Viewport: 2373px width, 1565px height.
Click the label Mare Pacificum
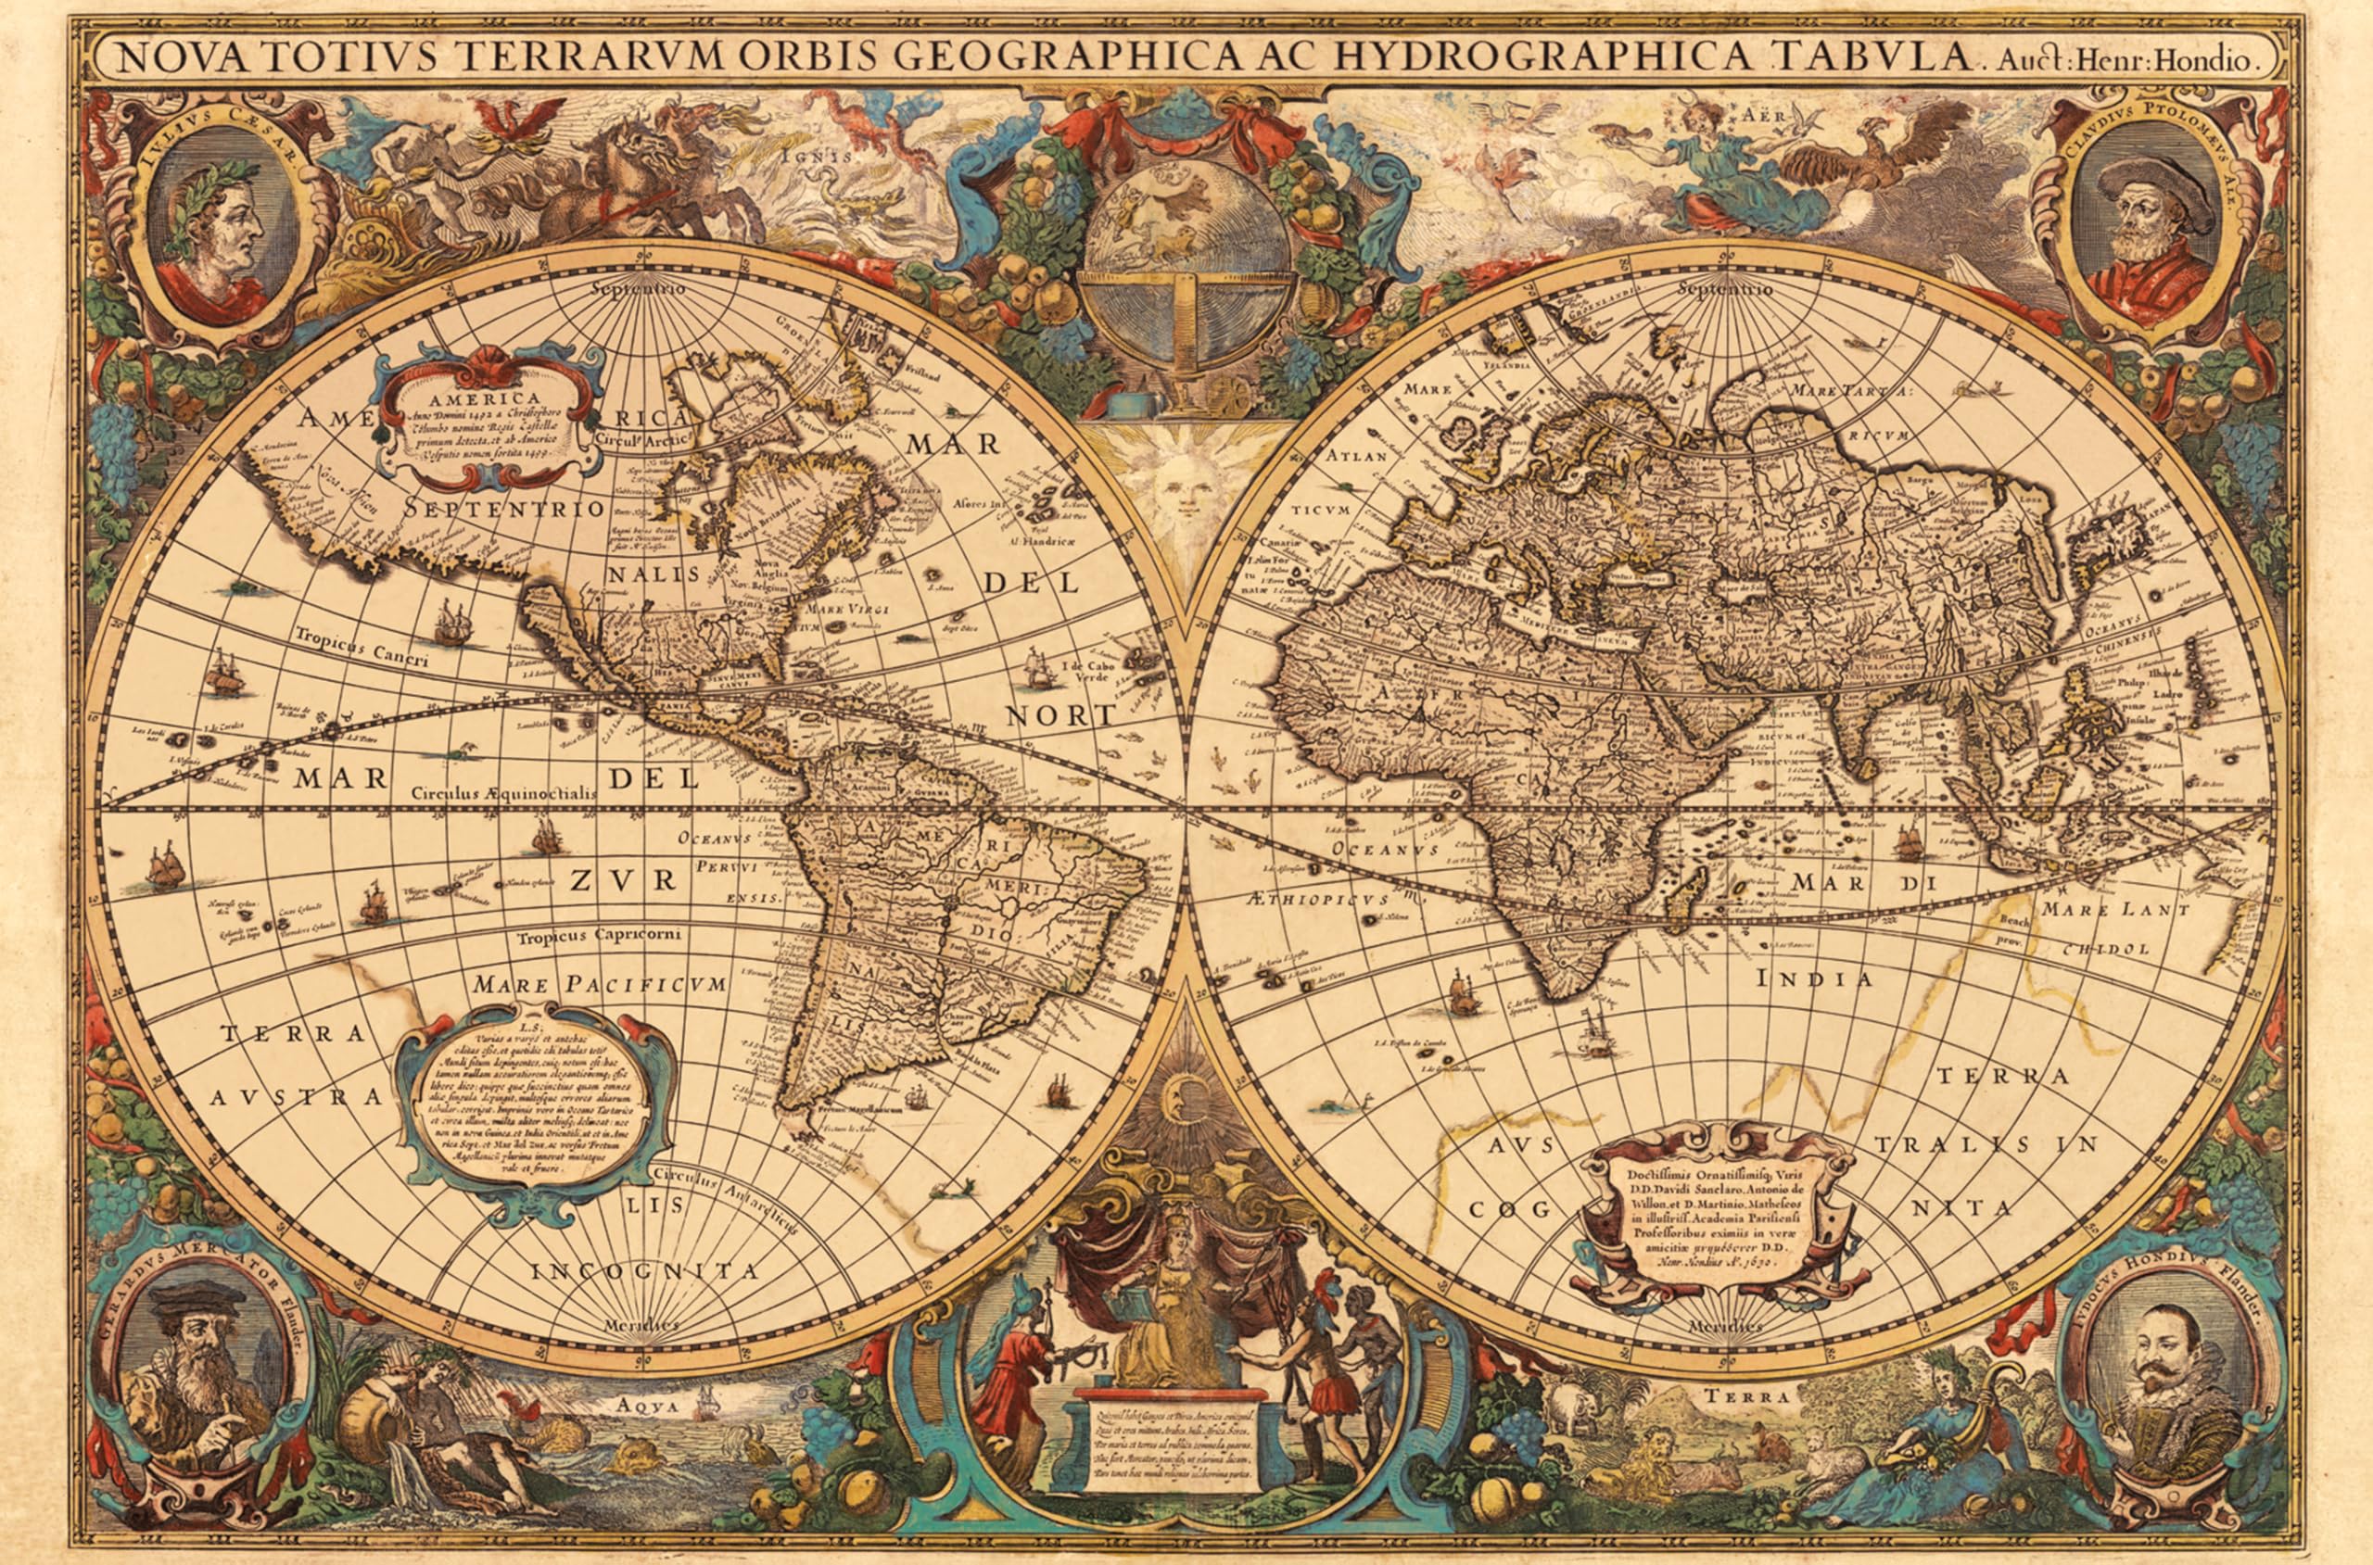(601, 985)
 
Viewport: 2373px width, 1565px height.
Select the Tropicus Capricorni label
(599, 936)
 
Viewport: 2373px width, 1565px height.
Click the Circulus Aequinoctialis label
(504, 791)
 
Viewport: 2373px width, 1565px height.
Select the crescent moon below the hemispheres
(1186, 1095)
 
